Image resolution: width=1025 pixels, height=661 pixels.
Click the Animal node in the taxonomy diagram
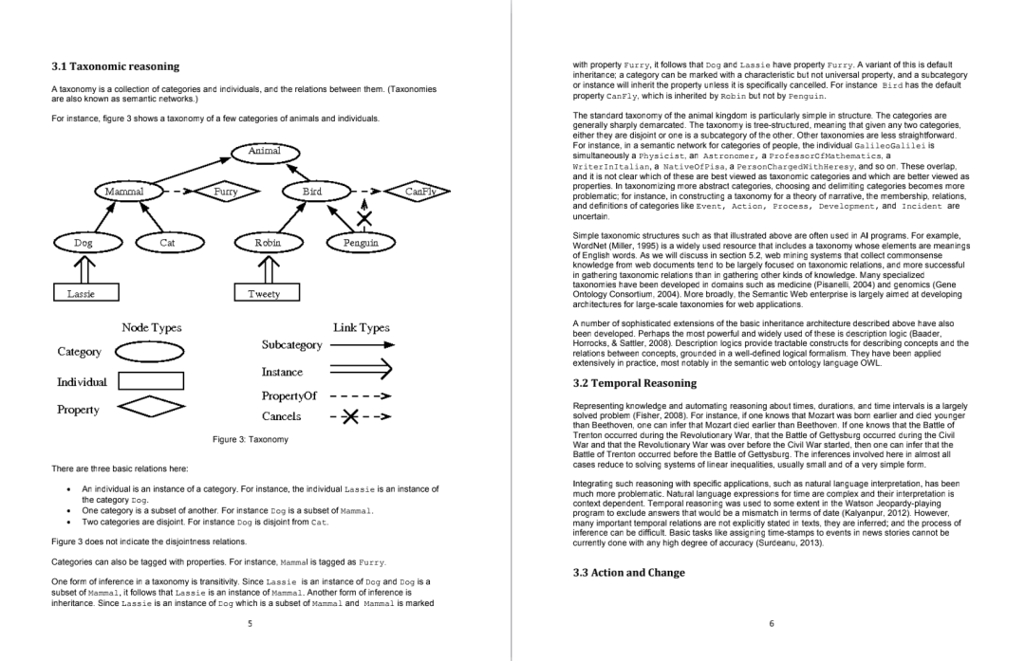[x=264, y=151]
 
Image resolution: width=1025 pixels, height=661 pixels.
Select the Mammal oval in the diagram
[x=124, y=192]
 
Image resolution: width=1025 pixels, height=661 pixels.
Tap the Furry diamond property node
[x=225, y=192]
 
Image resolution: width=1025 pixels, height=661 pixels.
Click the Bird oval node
[x=312, y=192]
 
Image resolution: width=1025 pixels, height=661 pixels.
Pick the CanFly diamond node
[x=419, y=192]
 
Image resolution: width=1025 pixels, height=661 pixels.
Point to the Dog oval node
[x=84, y=243]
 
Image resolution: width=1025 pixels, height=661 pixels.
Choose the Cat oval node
[x=167, y=243]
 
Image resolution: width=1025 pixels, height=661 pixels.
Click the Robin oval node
[x=268, y=243]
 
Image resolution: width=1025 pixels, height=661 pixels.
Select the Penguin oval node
[x=361, y=243]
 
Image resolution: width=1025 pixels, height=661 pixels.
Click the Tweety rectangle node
[x=264, y=294]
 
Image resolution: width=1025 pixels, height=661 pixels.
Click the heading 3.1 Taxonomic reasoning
[x=115, y=66]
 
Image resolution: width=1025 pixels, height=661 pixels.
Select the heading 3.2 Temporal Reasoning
[x=635, y=383]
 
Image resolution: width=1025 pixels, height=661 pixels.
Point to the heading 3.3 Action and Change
[x=629, y=572]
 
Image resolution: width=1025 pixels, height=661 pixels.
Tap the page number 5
[x=250, y=623]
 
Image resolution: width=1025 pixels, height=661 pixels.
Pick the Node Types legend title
[x=152, y=327]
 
